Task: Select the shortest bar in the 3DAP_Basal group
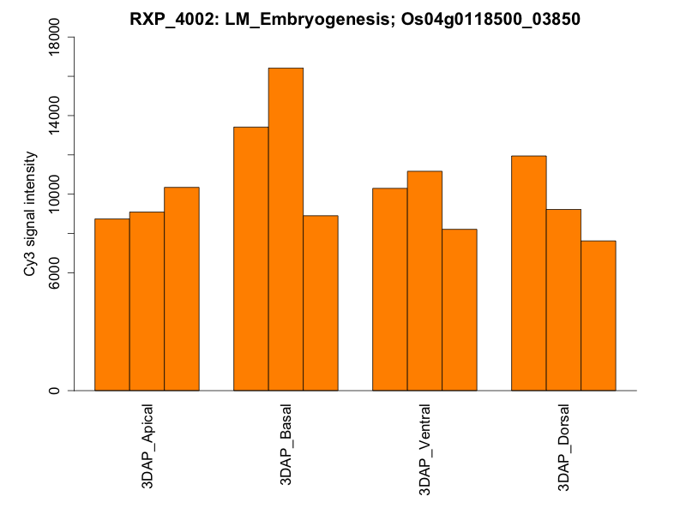coord(320,303)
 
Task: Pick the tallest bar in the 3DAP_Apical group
coord(181,289)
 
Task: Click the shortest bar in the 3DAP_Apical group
coord(111,305)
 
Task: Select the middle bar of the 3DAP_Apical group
coord(147,302)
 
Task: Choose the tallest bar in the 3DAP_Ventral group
coord(424,281)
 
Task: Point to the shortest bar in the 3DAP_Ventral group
coord(459,310)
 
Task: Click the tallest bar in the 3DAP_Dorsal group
coord(528,273)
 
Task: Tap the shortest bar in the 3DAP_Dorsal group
coord(598,316)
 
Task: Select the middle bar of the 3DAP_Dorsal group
coord(563,300)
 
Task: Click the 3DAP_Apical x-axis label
coord(147,446)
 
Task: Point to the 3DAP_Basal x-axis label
coord(286,444)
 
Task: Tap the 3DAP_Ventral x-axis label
coord(424,447)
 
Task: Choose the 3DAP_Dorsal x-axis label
coord(563,446)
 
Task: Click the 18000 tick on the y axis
coord(54,37)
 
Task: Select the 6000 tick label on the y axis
coord(54,273)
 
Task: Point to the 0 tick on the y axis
coord(54,391)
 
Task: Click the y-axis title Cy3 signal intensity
coord(30,213)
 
